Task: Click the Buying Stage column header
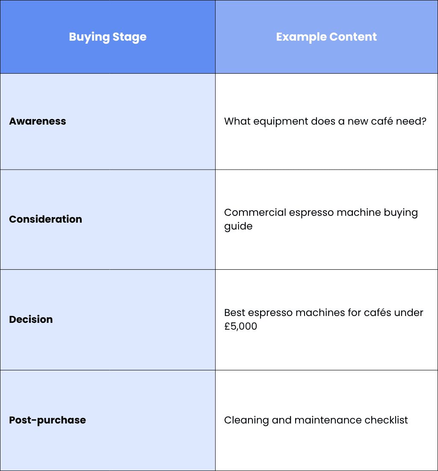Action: (x=108, y=37)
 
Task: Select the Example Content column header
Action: (x=326, y=37)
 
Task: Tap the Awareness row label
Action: (x=38, y=121)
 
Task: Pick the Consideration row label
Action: (x=46, y=219)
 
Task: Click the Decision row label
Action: (x=31, y=319)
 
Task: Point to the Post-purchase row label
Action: (x=47, y=420)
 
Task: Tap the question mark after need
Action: (x=423, y=121)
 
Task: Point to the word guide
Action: (x=238, y=226)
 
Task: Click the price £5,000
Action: (x=240, y=326)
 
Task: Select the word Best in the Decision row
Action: (x=234, y=313)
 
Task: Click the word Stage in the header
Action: (x=130, y=37)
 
